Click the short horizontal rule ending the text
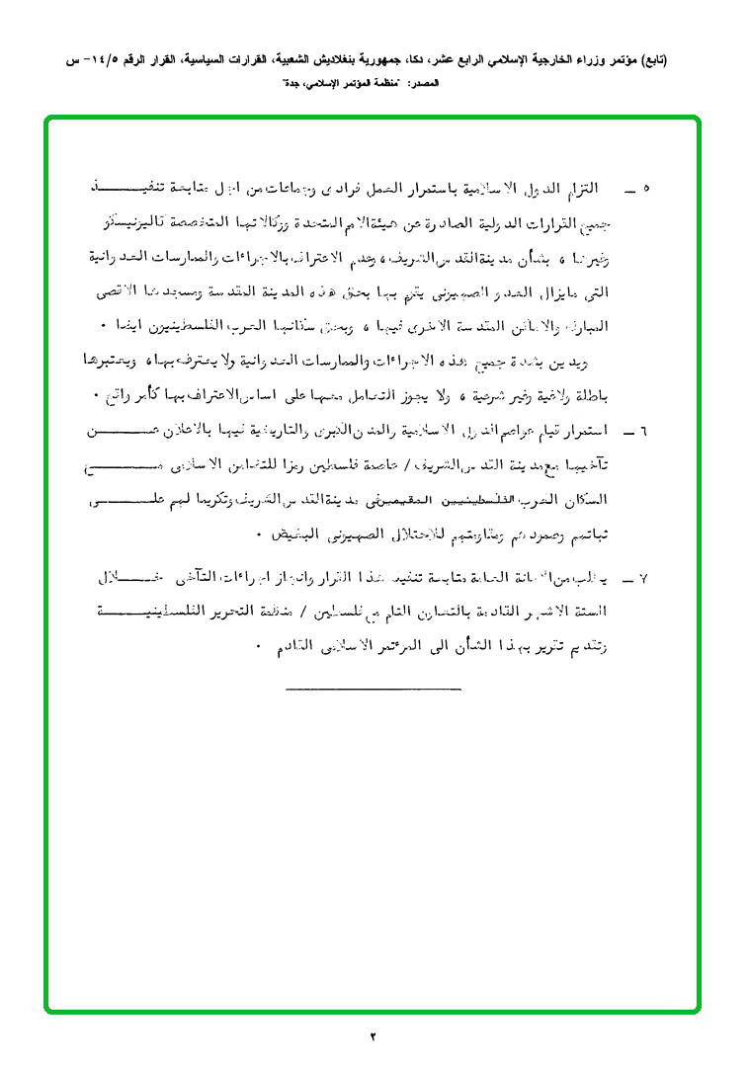pyautogui.click(x=374, y=686)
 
